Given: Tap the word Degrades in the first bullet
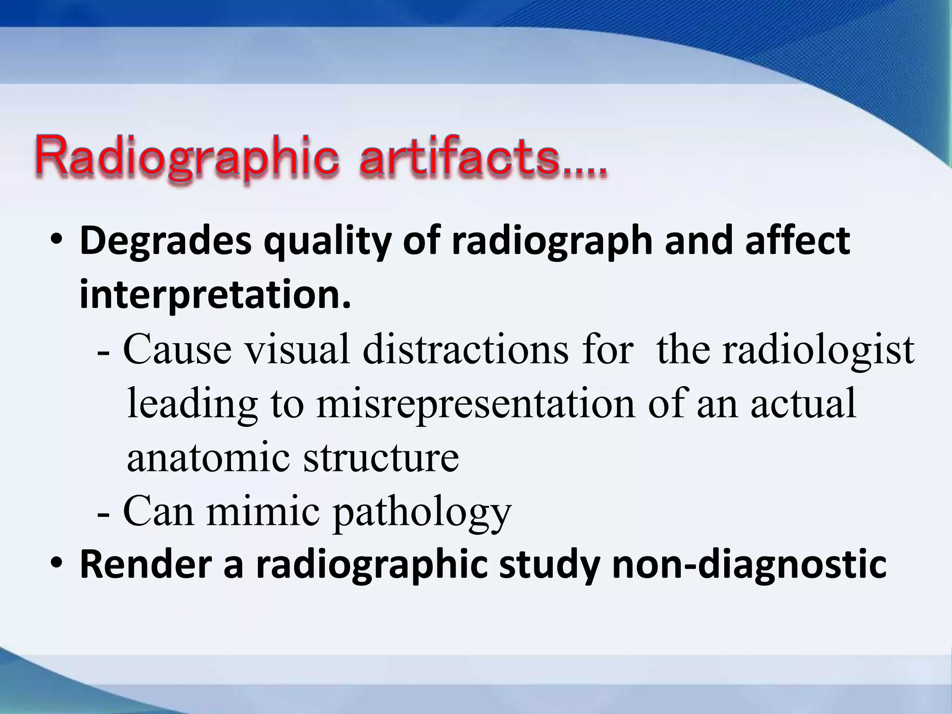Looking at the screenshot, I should pyautogui.click(x=165, y=242).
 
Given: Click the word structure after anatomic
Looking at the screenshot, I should pyautogui.click(x=381, y=457).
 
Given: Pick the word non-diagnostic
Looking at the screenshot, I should pyautogui.click(x=749, y=565).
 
